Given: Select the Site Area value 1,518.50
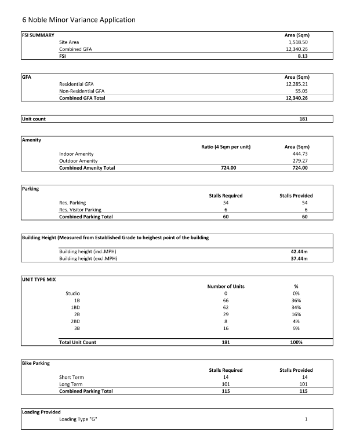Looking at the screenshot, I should (x=297, y=42).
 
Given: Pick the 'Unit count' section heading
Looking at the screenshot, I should (x=34, y=119).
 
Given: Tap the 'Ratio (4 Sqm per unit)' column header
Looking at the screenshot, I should (x=226, y=147).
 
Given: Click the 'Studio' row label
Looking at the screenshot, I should (x=72, y=294).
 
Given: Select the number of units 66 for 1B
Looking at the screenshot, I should (x=226, y=301).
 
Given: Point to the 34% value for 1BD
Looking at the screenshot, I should (x=296, y=308).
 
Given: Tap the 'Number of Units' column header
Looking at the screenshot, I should (x=226, y=286).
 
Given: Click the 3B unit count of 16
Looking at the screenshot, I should (x=226, y=328).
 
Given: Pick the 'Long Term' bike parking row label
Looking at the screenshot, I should (x=71, y=384).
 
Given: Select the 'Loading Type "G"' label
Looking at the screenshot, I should (x=78, y=419).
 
